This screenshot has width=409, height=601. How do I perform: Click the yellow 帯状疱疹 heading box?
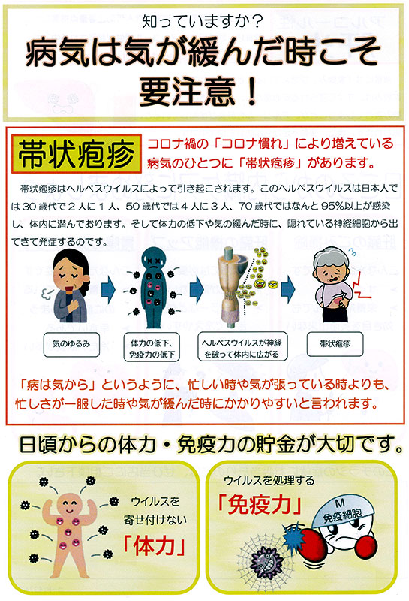[77, 154]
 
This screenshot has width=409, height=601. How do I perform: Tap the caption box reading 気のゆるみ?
[71, 345]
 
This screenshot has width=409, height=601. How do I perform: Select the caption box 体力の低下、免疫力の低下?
[152, 347]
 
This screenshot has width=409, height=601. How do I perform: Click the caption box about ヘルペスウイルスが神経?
[242, 347]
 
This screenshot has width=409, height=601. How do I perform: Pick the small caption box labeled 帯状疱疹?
[335, 344]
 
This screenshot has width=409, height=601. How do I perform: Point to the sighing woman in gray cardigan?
[69, 285]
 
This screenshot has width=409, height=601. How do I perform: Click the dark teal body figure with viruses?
[153, 288]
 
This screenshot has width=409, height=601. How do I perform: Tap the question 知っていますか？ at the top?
[202, 22]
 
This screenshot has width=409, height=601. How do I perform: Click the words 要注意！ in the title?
[198, 91]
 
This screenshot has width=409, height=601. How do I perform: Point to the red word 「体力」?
[155, 545]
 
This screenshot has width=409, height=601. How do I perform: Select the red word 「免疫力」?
[259, 504]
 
